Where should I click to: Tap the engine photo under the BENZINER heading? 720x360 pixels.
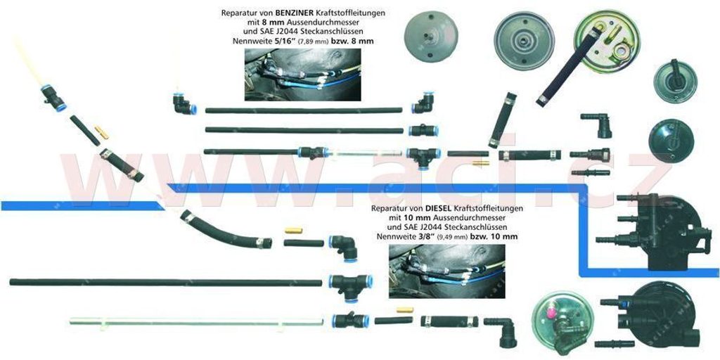pos(303,75)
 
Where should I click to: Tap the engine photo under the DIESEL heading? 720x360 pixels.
pos(446,271)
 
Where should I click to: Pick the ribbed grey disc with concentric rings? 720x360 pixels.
pos(524,40)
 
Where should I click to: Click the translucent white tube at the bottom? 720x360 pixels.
pos(197,322)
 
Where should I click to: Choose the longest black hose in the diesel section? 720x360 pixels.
pos(165,282)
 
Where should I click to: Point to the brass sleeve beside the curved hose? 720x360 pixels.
pos(292,231)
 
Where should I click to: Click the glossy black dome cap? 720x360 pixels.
pos(671,141)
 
